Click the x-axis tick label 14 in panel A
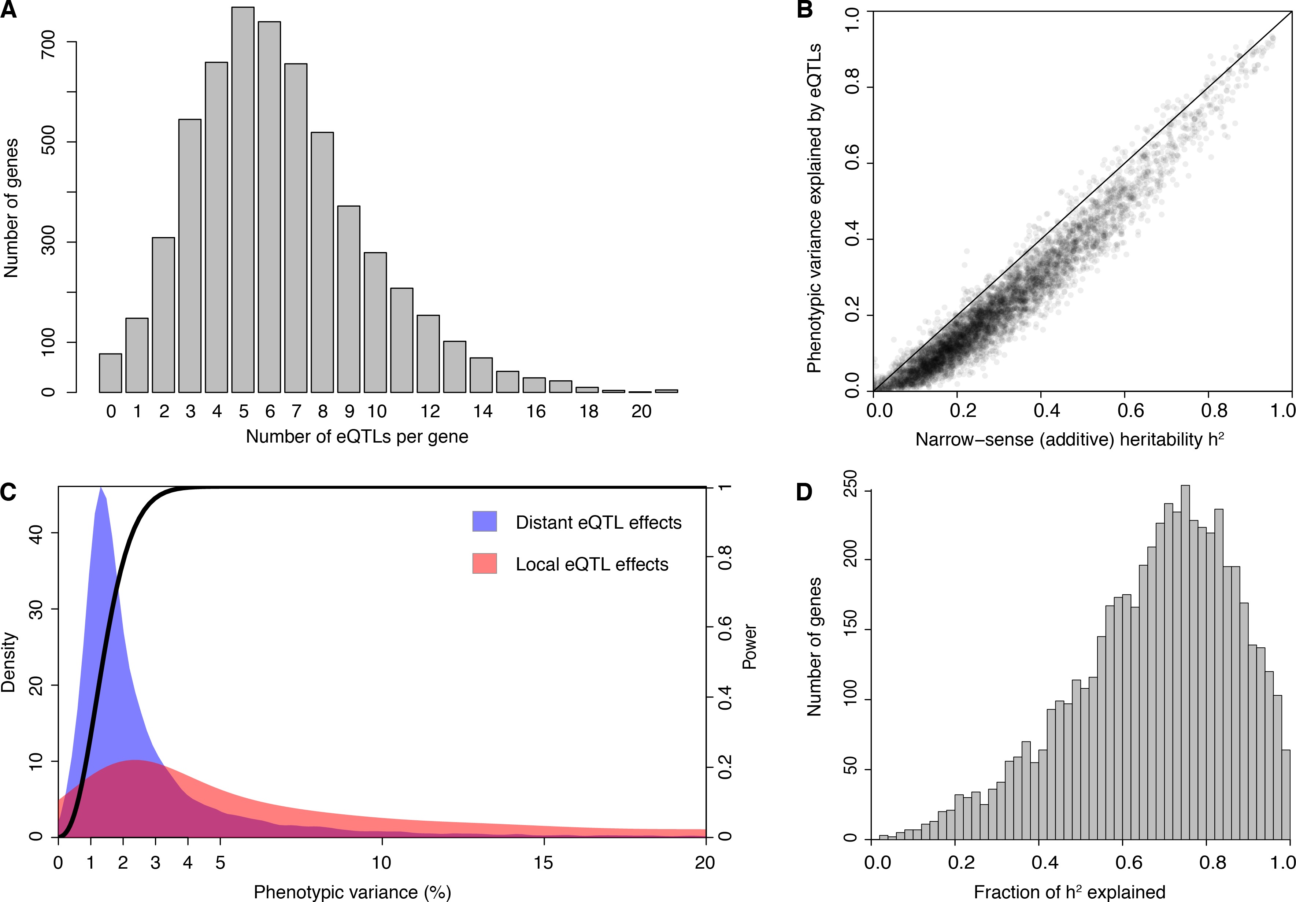(x=483, y=411)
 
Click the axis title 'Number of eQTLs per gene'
(x=357, y=436)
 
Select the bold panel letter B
(x=804, y=10)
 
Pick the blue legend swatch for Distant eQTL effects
(x=484, y=522)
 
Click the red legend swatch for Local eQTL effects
(x=484, y=563)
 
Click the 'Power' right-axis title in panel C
(x=749, y=646)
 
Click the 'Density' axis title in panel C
(x=9, y=662)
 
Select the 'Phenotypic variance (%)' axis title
(x=352, y=892)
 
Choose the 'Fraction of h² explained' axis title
(x=1069, y=892)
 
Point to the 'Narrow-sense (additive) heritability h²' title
(x=1069, y=439)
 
